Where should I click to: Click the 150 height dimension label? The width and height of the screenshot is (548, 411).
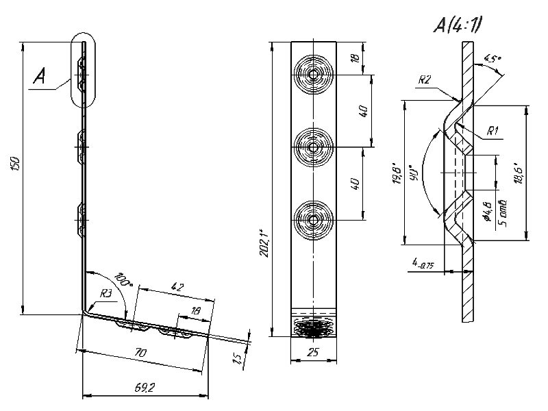click(16, 164)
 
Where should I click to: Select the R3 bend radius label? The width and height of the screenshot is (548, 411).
click(106, 293)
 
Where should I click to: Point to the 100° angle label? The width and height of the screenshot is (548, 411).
click(123, 279)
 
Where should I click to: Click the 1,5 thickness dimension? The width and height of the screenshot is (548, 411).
click(237, 358)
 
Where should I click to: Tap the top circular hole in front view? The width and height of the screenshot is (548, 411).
click(313, 73)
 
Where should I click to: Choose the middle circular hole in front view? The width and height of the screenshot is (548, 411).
click(313, 147)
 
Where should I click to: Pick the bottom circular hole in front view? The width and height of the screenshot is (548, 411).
click(313, 220)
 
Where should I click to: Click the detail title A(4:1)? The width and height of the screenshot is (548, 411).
click(457, 25)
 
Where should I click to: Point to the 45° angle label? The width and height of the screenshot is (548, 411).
click(493, 60)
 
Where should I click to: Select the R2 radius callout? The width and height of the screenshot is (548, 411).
click(424, 80)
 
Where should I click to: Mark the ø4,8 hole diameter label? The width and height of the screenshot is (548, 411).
click(486, 210)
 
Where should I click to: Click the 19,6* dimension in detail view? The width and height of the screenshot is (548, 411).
click(396, 174)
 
